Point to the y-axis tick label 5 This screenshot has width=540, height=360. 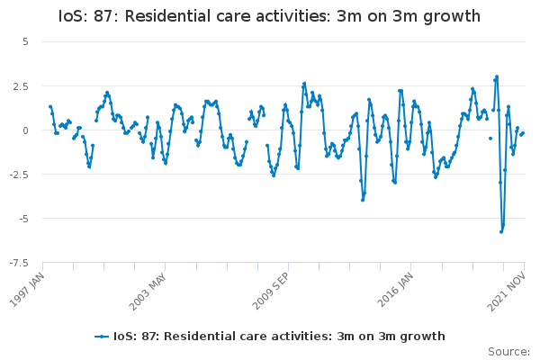click(25, 41)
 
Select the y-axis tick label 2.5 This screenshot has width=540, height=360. click(21, 85)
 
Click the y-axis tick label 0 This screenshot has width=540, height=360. click(25, 130)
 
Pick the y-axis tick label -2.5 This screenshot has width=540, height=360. click(19, 174)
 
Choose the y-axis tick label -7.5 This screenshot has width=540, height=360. click(19, 263)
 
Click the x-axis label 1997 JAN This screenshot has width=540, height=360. click(30, 287)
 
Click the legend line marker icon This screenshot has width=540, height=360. click(102, 337)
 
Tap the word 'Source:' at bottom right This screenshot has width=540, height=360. click(508, 351)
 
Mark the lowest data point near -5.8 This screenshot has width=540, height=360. click(501, 231)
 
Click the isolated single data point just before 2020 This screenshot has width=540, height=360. click(490, 139)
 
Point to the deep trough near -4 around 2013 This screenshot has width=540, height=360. click(363, 200)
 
